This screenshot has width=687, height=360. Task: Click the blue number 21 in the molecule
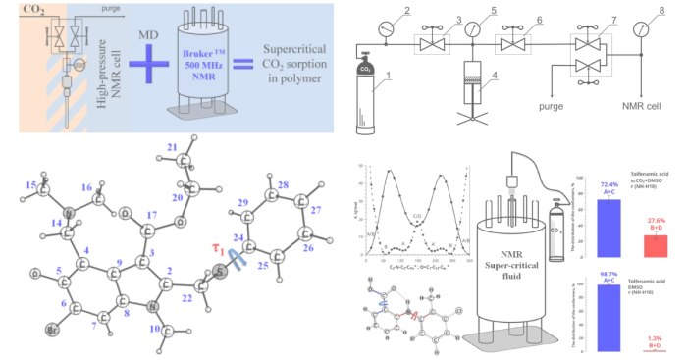(x=172, y=148)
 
